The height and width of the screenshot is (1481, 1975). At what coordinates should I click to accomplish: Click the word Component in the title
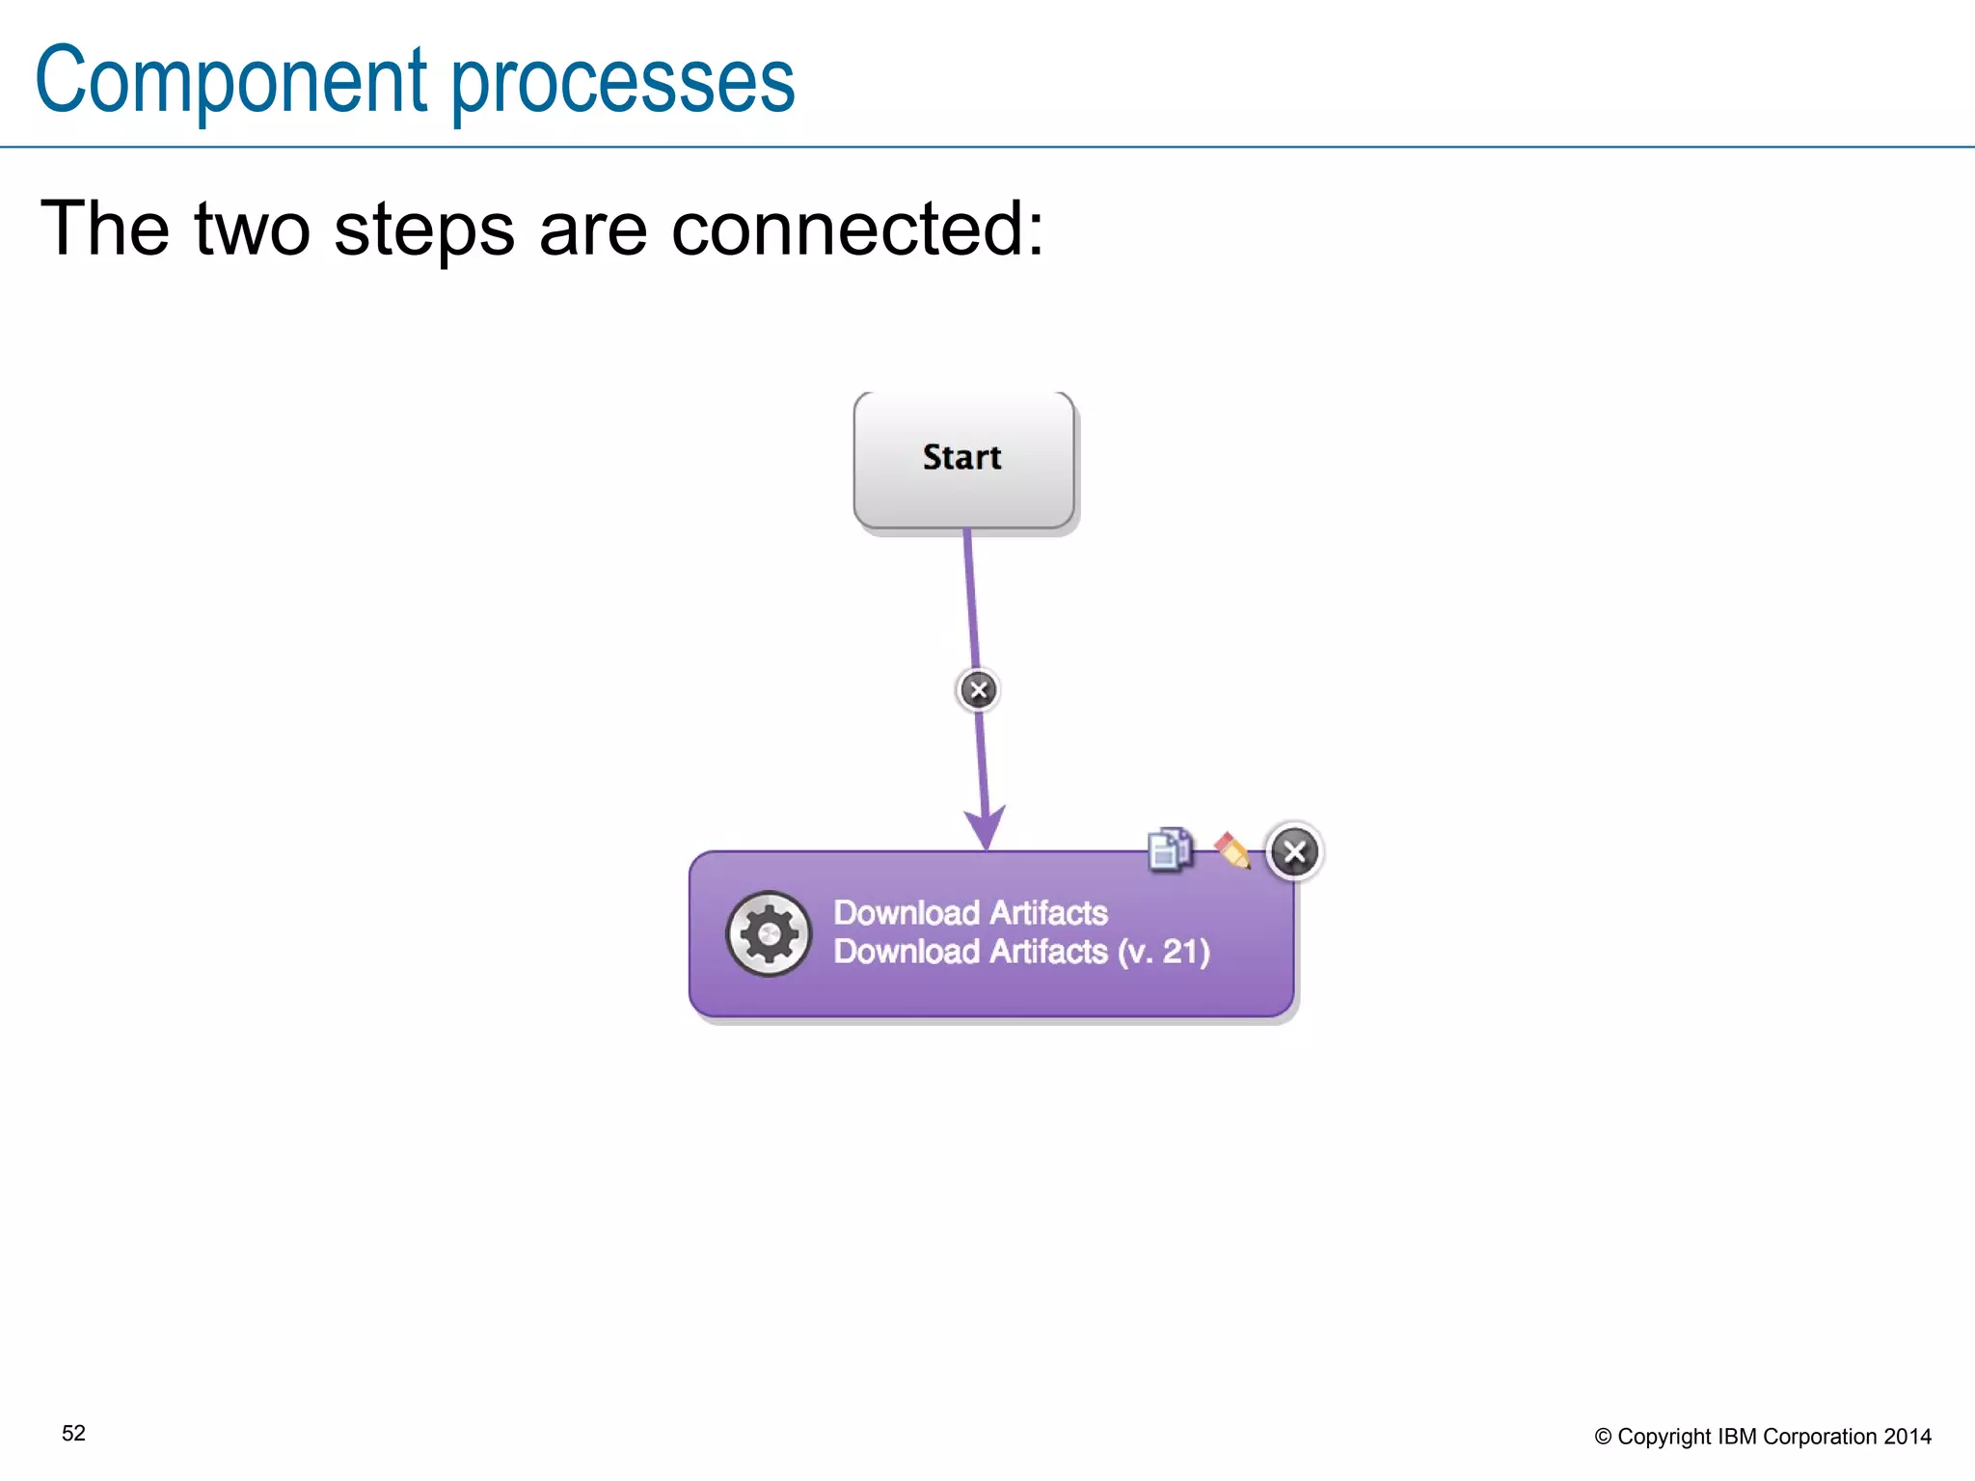(231, 82)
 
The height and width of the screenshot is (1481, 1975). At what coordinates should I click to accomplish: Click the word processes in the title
(623, 85)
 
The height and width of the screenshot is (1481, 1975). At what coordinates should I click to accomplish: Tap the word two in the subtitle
(253, 229)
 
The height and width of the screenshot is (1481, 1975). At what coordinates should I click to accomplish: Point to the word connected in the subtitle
(856, 229)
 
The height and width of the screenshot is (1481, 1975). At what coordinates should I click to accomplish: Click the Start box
(963, 459)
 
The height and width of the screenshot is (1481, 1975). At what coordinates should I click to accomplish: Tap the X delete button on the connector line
(978, 690)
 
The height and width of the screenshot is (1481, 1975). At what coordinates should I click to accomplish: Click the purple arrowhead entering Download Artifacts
(985, 827)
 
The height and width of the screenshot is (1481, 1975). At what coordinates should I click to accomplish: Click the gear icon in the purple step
(769, 933)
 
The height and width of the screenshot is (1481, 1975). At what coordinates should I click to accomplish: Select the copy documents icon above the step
(1170, 849)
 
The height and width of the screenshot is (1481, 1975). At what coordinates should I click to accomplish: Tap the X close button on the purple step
(1294, 852)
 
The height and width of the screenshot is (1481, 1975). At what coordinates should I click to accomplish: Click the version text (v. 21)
(1164, 952)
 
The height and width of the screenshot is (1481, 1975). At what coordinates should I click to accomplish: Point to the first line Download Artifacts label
(970, 912)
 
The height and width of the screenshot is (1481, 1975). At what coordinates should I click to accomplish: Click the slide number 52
(73, 1434)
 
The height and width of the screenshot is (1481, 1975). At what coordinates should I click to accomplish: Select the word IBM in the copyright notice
(1737, 1437)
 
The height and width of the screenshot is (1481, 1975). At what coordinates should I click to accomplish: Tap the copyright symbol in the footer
(1603, 1437)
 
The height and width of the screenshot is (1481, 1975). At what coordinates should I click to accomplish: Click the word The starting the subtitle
(104, 229)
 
